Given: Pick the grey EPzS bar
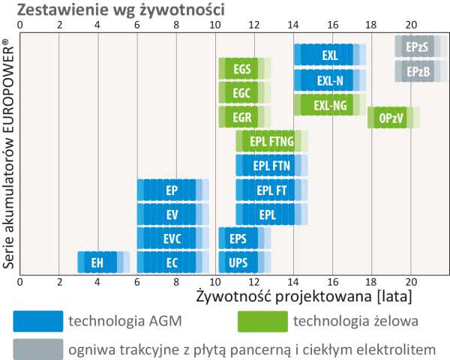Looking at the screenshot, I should (x=418, y=46).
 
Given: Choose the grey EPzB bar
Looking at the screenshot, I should (x=418, y=72).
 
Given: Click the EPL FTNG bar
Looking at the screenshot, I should (x=271, y=141).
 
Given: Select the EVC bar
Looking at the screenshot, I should (x=172, y=238).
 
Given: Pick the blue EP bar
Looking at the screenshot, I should (x=172, y=190).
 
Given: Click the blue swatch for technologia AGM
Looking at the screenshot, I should (x=37, y=321).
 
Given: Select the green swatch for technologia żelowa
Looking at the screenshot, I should (x=262, y=321).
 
